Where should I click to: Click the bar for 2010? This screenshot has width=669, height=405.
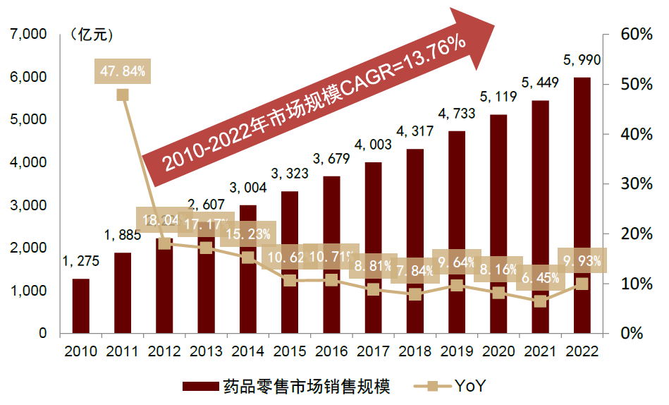[80, 306]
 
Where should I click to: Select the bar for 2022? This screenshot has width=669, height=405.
[582, 205]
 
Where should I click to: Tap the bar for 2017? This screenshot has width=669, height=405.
[373, 247]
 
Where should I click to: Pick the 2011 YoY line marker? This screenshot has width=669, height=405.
[123, 95]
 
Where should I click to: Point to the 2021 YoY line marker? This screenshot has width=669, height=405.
[540, 301]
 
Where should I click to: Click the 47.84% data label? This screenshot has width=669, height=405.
[123, 71]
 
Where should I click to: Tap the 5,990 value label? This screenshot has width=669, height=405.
[582, 60]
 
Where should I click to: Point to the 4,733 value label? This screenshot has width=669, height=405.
[456, 113]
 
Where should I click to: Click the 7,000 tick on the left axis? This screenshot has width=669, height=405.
[28, 34]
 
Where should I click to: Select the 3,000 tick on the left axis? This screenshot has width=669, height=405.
[28, 205]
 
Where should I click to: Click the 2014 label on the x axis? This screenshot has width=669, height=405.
[247, 351]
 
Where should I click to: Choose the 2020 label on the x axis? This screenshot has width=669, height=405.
[498, 351]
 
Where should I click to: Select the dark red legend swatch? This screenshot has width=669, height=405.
[200, 386]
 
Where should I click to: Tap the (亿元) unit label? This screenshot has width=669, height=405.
[91, 33]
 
